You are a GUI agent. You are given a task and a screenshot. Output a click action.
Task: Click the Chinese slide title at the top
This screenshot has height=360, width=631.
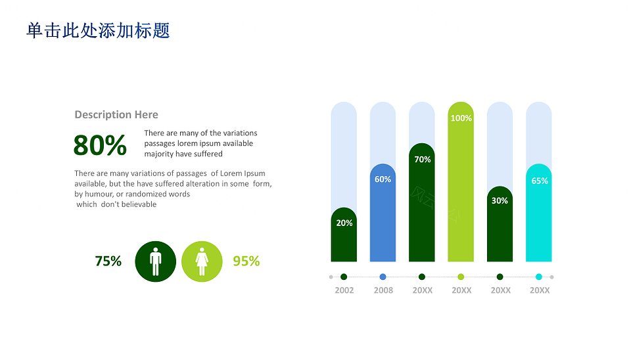tap(98, 31)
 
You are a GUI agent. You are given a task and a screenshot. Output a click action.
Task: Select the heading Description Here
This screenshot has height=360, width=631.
tap(116, 115)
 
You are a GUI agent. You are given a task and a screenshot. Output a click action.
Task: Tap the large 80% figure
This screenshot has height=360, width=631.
tap(100, 145)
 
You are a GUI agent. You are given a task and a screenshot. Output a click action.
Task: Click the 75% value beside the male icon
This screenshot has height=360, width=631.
tap(108, 261)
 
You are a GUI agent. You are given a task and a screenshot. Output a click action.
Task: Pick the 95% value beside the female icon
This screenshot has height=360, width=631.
tap(246, 261)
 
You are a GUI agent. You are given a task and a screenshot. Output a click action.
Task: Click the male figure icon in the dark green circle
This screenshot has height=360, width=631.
tap(155, 261)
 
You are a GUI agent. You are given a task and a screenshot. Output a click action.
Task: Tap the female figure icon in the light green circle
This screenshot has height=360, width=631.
tap(202, 261)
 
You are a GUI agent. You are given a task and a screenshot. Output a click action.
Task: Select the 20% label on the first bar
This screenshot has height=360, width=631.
tap(344, 223)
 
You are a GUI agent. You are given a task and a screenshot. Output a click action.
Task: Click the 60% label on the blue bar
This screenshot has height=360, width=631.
tap(383, 179)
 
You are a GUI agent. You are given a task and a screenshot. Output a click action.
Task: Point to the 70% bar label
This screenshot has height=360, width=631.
tap(423, 160)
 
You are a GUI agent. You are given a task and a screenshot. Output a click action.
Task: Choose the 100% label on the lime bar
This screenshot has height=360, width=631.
tap(461, 118)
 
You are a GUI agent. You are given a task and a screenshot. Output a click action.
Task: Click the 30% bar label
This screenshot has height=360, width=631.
tap(500, 201)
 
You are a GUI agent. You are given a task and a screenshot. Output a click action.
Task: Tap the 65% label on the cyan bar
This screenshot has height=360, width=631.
tap(540, 181)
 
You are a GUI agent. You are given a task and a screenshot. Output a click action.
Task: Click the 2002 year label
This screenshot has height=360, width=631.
tap(344, 290)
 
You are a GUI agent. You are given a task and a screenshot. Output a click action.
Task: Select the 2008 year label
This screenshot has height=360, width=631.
tap(383, 290)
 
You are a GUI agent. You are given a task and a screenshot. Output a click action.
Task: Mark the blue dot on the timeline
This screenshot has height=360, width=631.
tap(383, 277)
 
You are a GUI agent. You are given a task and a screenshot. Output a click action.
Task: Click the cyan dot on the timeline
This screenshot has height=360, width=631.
tap(539, 277)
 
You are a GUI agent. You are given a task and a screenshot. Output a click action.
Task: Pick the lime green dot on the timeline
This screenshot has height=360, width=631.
tap(461, 277)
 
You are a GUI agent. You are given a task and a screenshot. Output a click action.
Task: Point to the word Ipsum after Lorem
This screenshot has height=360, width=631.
tap(254, 174)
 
